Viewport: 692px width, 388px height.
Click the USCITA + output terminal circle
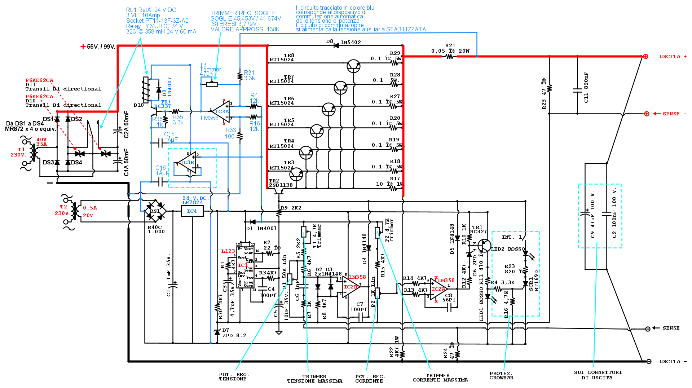click(x=645, y=57)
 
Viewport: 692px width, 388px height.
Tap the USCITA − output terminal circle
click(x=649, y=361)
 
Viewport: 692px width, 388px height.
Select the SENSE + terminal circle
click(x=647, y=114)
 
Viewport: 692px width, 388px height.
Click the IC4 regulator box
click(x=192, y=211)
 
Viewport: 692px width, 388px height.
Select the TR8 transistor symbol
click(x=353, y=66)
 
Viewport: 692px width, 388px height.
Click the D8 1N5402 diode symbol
click(x=336, y=46)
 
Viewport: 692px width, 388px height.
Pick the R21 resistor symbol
click(x=450, y=57)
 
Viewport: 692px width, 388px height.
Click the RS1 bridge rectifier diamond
click(x=155, y=211)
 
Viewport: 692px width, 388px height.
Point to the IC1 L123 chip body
click(x=245, y=267)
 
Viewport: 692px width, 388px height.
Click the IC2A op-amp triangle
click(x=438, y=289)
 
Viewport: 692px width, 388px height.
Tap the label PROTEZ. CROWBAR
click(x=501, y=376)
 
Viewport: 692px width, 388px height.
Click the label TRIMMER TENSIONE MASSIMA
click(x=314, y=379)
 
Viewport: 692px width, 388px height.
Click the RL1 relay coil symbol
click(x=146, y=89)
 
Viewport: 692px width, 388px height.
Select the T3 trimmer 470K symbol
click(x=212, y=84)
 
